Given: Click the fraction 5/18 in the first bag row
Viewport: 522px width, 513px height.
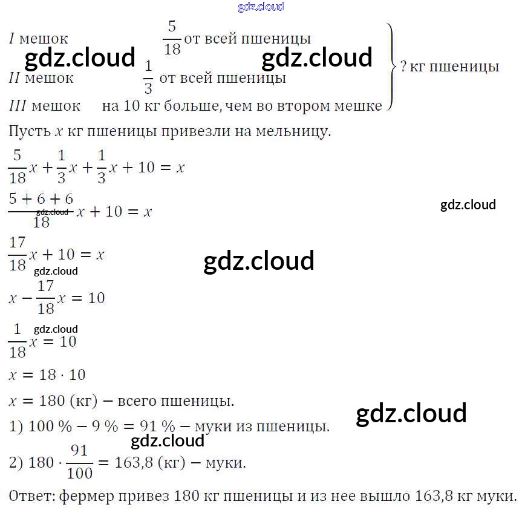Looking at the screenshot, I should [172, 38].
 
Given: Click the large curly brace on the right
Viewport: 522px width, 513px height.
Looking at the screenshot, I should [391, 67].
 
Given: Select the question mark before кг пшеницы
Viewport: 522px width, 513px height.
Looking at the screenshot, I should [403, 67].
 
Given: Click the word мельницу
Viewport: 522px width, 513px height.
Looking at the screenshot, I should [295, 131].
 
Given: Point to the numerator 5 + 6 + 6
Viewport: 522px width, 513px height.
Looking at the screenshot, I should [42, 198].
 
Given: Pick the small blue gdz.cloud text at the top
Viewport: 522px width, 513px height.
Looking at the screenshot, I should [261, 7].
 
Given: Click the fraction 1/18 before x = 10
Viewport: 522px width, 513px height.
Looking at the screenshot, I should [18, 341].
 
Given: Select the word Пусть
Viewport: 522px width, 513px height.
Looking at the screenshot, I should [30, 131].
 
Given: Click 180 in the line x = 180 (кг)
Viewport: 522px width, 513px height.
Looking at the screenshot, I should [52, 400].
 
